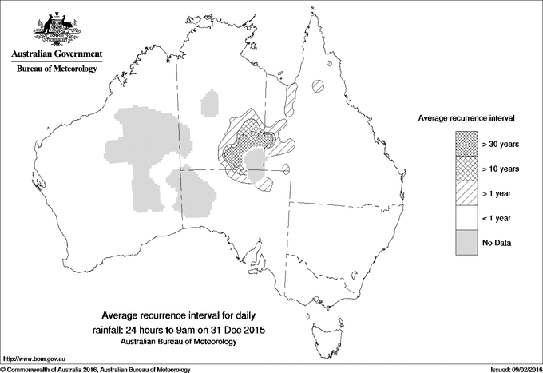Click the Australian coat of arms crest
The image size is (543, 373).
coord(56,27)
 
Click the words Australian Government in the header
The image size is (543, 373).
coord(56,54)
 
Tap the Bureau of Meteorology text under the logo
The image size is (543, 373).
coord(56,69)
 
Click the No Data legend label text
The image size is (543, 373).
coord(497,242)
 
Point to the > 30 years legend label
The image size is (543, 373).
coord(501,143)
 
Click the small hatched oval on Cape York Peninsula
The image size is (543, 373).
coord(319,84)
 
